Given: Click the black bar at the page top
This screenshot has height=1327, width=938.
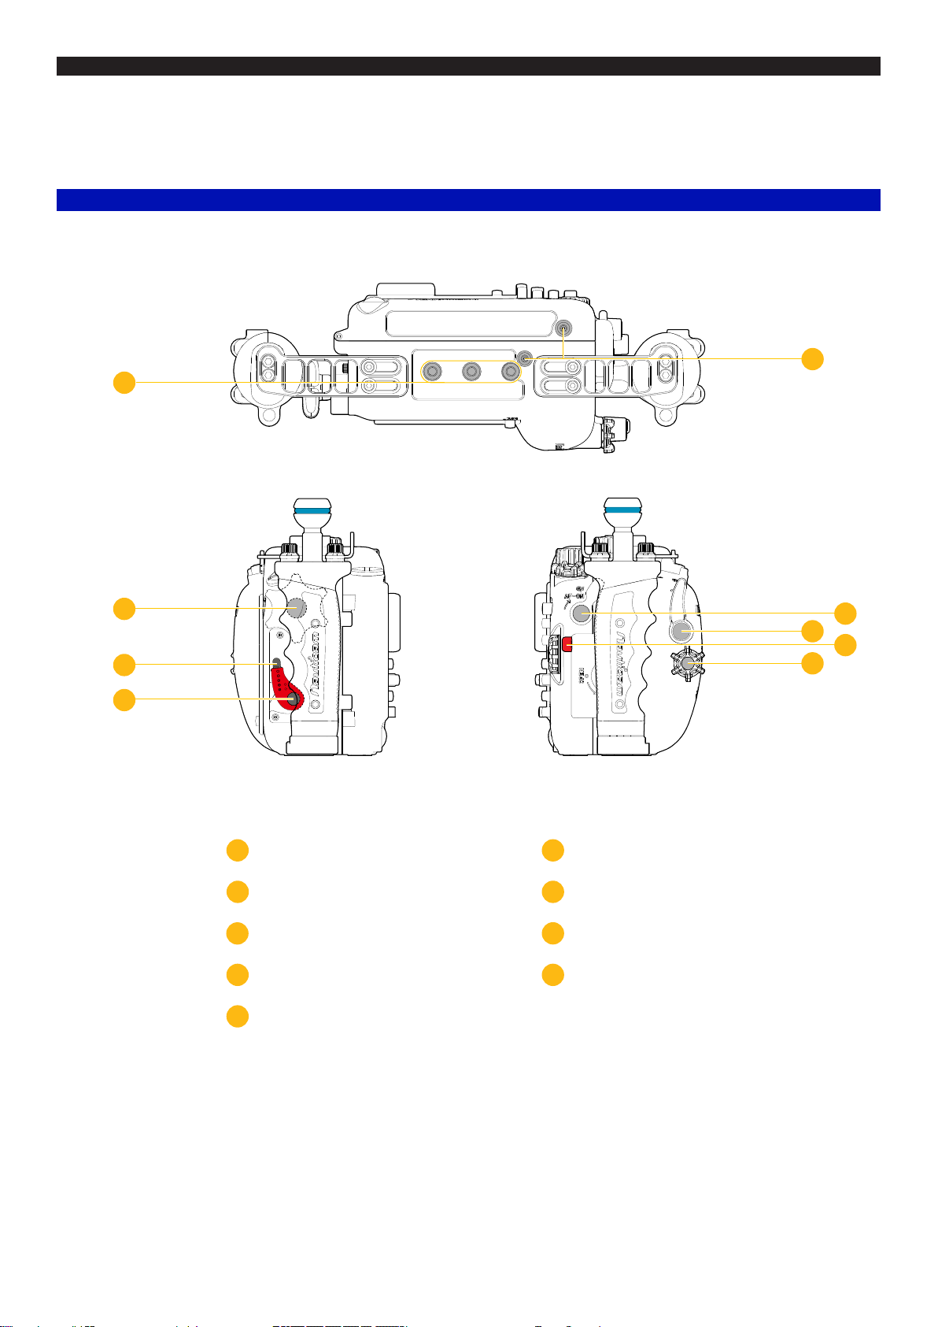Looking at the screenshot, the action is [x=468, y=66].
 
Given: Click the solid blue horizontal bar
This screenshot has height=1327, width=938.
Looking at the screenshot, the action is [x=468, y=200].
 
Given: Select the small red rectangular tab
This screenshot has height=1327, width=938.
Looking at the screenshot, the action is [x=567, y=646].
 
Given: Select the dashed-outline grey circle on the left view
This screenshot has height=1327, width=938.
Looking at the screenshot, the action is [x=296, y=607].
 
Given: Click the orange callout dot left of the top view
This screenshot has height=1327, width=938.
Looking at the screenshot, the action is [x=124, y=384].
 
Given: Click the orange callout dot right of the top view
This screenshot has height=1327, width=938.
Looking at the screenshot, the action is [x=812, y=358].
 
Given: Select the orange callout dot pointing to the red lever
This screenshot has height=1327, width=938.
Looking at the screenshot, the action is [x=124, y=699].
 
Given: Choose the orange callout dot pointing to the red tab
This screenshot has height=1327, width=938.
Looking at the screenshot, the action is [x=845, y=645].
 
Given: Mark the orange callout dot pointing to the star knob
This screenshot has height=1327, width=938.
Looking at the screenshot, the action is [x=812, y=663].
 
